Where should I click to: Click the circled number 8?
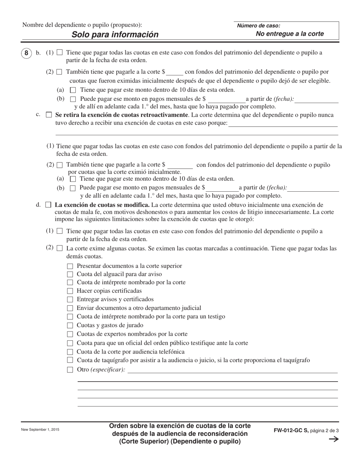(x=26, y=53)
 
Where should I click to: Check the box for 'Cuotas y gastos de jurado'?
(x=70, y=325)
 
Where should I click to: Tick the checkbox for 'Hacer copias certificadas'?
(x=70, y=291)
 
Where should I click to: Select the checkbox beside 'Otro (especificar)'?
(x=70, y=370)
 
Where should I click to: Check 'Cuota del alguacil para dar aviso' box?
(x=70, y=274)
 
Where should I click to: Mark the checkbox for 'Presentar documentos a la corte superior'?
(x=70, y=266)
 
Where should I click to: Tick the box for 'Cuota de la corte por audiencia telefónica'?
(x=70, y=352)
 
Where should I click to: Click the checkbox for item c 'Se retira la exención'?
(x=49, y=115)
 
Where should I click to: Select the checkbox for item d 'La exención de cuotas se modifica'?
(x=48, y=205)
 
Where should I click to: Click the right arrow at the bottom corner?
(x=333, y=439)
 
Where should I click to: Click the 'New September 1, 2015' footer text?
(x=40, y=430)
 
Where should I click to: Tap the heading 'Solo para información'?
(x=115, y=34)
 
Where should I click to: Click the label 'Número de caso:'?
(x=258, y=26)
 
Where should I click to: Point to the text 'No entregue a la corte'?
(x=290, y=34)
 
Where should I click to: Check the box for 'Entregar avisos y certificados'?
(x=70, y=300)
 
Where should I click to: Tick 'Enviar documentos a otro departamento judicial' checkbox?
(x=70, y=308)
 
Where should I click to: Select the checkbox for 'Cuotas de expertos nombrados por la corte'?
(x=70, y=334)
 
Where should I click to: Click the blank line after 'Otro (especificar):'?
(x=232, y=370)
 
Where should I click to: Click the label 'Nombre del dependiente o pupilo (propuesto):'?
(x=82, y=25)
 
